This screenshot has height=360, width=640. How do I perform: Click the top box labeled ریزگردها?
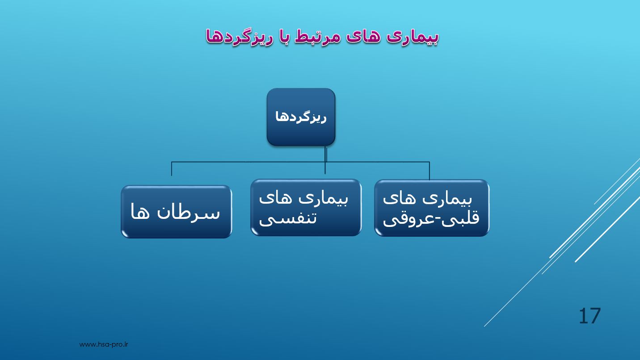click(x=301, y=117)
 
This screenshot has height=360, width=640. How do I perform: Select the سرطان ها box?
click(x=176, y=212)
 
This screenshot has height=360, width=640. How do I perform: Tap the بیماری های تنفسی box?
click(x=306, y=208)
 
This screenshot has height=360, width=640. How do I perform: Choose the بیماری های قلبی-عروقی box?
click(x=432, y=208)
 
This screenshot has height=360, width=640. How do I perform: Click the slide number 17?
click(x=589, y=316)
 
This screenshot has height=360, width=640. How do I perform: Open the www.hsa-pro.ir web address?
click(x=104, y=344)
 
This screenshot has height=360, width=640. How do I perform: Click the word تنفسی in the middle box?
click(x=288, y=219)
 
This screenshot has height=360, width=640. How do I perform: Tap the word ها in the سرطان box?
click(x=140, y=211)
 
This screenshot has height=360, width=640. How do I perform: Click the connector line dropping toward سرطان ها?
click(x=172, y=169)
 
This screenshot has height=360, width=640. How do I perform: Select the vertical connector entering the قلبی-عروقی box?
click(x=429, y=171)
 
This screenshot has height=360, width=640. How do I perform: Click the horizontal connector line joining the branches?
click(x=300, y=162)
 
